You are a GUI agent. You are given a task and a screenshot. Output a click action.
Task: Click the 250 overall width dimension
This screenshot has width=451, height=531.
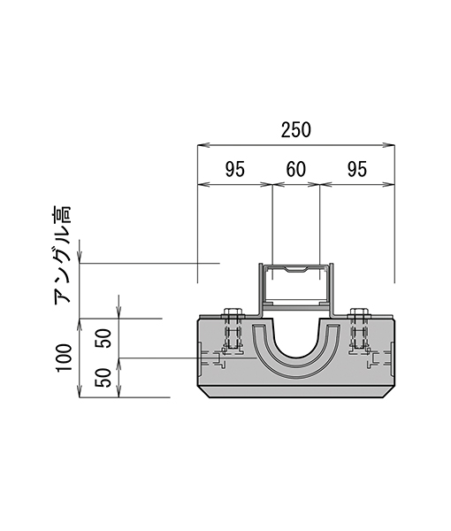[295, 130]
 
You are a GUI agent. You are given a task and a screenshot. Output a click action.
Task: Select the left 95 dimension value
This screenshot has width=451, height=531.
[235, 169]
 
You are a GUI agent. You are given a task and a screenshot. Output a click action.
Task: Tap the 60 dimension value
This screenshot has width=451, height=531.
[296, 169]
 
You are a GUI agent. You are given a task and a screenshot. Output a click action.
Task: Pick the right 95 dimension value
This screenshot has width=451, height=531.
[357, 169]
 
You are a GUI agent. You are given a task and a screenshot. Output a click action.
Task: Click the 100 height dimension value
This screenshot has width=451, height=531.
[65, 358]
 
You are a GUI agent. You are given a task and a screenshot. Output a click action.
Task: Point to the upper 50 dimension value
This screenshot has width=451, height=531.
[103, 338]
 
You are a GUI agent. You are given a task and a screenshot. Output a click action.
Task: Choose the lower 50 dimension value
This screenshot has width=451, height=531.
[103, 378]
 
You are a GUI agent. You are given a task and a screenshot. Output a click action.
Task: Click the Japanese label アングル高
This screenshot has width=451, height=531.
[62, 254]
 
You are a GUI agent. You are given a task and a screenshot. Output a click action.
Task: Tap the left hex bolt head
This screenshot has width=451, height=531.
[233, 312]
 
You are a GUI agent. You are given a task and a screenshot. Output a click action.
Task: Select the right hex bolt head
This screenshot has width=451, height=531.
[359, 312]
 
